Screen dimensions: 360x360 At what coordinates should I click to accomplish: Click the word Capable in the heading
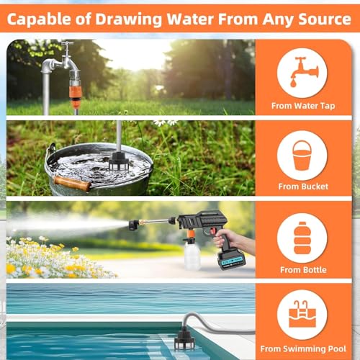click(x=39, y=19)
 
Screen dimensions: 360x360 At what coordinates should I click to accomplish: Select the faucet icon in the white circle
click(x=305, y=72)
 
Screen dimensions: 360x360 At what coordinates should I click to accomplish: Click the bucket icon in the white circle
click(x=302, y=156)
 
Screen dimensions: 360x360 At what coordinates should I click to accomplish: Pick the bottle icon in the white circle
click(x=302, y=238)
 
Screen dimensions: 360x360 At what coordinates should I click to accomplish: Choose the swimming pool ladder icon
click(x=302, y=314)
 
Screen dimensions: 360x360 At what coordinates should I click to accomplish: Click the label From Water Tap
click(x=303, y=106)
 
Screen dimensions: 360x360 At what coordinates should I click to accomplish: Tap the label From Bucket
click(x=303, y=186)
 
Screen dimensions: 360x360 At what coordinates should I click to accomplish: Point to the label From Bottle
click(x=303, y=270)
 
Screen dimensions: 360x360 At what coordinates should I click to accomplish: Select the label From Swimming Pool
click(x=303, y=348)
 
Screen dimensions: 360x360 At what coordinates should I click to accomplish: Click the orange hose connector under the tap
click(x=75, y=95)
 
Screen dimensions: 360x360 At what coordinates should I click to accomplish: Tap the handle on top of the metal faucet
click(x=67, y=43)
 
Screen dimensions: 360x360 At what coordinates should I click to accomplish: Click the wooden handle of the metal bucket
click(x=73, y=184)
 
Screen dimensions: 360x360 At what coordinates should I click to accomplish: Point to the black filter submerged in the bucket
click(x=119, y=161)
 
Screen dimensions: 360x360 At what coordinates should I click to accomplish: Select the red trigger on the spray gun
click(x=212, y=231)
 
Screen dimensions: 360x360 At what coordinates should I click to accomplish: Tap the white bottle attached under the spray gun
click(x=192, y=256)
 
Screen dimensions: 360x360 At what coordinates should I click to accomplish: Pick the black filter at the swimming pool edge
click(x=184, y=340)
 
